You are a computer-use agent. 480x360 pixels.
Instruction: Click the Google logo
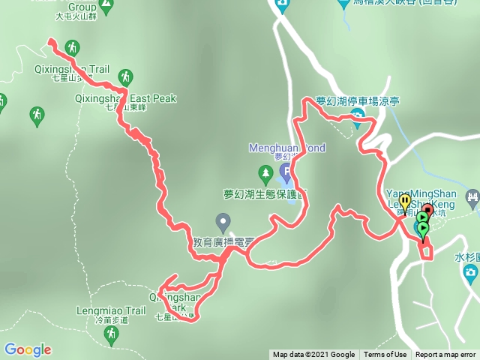pos(27,349)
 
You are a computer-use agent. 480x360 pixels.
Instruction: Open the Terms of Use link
pos(385,355)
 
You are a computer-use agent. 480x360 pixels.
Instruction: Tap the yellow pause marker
pos(405,201)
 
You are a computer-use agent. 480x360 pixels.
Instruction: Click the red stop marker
pos(427,209)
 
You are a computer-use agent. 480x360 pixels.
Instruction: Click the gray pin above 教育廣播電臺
pos(222,221)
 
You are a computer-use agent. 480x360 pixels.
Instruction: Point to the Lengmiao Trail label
pos(110,309)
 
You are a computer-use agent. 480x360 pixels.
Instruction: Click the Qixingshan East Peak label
pos(141,98)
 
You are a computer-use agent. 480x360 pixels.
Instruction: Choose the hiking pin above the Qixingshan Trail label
pos(72,47)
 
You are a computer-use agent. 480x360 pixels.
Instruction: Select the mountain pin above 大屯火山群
pos(106,6)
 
